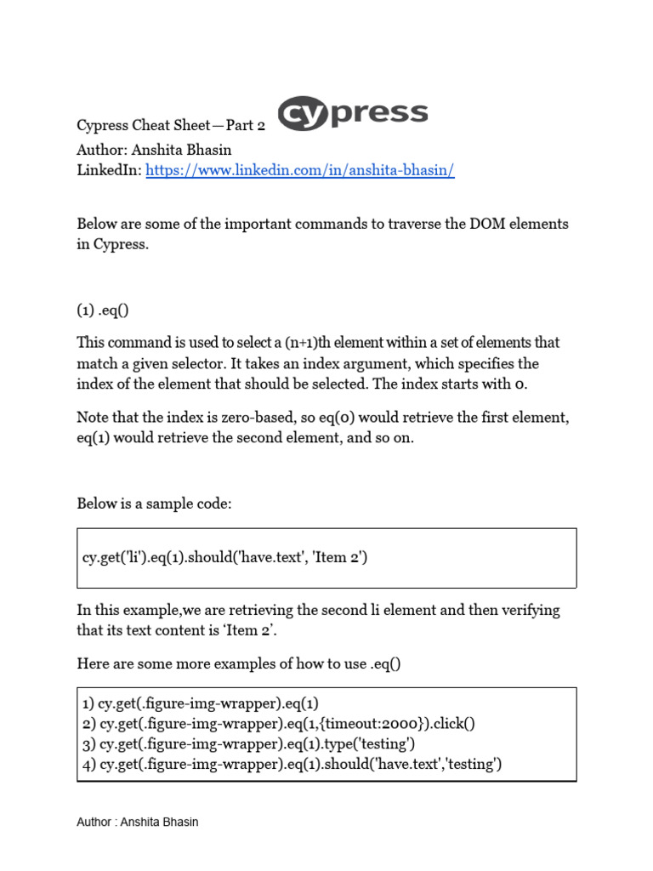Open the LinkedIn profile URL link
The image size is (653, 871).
click(300, 170)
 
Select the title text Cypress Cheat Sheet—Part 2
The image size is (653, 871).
click(171, 126)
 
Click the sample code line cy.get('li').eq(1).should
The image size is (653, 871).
click(225, 558)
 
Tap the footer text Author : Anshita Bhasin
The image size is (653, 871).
click(138, 822)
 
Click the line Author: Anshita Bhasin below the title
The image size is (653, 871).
click(154, 149)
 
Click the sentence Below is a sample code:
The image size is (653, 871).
click(154, 504)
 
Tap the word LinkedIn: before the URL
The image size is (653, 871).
click(109, 170)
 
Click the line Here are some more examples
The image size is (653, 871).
click(238, 663)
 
